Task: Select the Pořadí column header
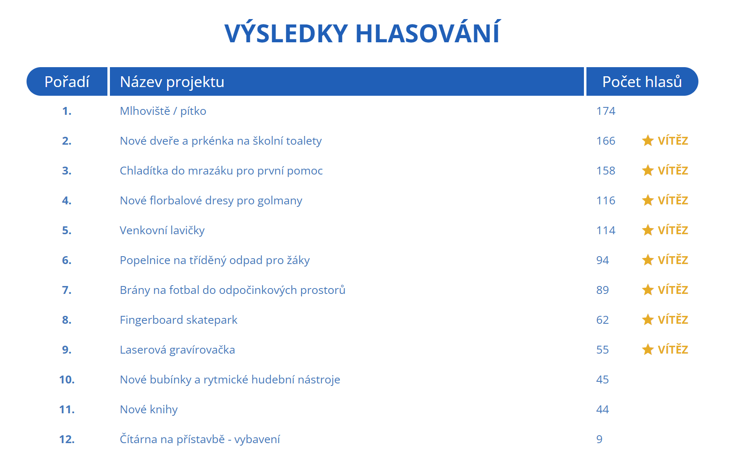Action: coord(67,82)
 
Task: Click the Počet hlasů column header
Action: coord(642,82)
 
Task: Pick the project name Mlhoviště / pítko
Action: coord(163,111)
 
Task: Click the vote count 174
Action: coord(606,111)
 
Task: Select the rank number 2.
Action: coord(67,141)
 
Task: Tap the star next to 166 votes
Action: coord(648,141)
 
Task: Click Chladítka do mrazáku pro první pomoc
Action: coord(221,171)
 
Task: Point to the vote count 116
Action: coord(606,201)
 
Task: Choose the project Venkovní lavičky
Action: coord(162,230)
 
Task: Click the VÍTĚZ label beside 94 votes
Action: coord(673,260)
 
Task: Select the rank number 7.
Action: coord(67,290)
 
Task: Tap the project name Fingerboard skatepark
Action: coord(179,320)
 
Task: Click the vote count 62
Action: coord(603,320)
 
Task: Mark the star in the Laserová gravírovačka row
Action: coord(648,349)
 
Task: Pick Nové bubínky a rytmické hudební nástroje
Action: coord(230,380)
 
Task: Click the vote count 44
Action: coord(603,410)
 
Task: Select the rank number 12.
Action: coord(67,439)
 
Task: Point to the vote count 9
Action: coord(599,439)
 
